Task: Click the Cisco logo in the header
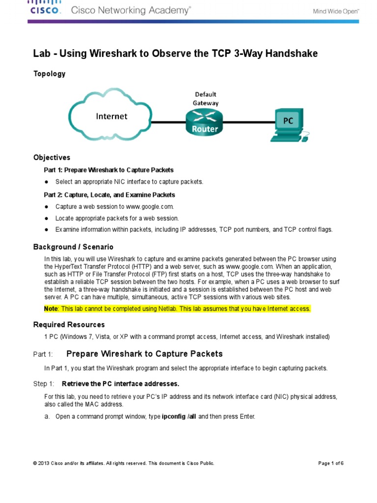click(x=46, y=8)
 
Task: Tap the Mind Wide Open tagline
click(x=336, y=10)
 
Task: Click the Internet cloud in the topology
click(x=111, y=116)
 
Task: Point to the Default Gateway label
click(x=205, y=98)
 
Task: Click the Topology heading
click(x=49, y=74)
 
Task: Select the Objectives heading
click(x=52, y=158)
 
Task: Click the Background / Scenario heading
click(x=73, y=247)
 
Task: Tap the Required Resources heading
click(x=69, y=325)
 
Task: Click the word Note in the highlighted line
click(x=51, y=308)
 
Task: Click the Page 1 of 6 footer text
click(x=330, y=463)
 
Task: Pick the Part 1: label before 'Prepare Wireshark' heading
click(x=43, y=354)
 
